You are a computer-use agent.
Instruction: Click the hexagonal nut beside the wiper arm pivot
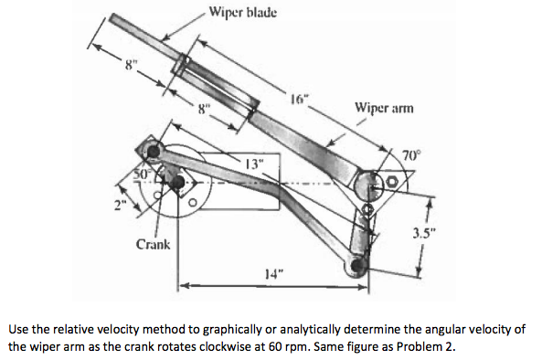click(x=393, y=183)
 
